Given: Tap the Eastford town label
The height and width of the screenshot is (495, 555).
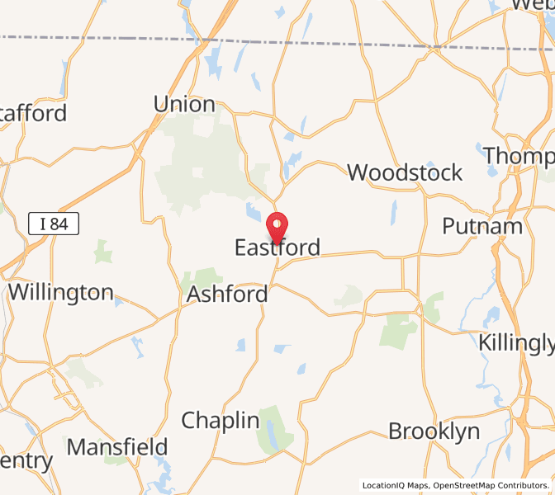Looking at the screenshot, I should point(277,247).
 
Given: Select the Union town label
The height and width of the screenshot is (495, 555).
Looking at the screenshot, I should point(184,105).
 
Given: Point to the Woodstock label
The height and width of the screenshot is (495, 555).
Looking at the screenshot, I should point(405,172).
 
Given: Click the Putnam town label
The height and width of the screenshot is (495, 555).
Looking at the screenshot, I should point(482,226).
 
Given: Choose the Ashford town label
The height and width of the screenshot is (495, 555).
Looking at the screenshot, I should point(227,294).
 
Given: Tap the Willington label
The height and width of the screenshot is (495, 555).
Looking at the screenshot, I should point(60,292).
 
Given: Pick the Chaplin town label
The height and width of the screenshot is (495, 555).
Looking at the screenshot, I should point(221,420).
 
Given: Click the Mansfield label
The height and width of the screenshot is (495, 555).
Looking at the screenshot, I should point(117,447).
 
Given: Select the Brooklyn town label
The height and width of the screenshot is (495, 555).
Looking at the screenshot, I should point(434,431).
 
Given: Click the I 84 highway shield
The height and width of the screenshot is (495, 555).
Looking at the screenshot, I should point(53,222).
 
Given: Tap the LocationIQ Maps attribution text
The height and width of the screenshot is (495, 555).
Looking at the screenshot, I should point(395,486).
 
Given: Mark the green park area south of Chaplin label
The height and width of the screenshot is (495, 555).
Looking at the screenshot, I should point(275,428).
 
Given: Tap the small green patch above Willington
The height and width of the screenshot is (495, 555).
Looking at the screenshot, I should point(102,251).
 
